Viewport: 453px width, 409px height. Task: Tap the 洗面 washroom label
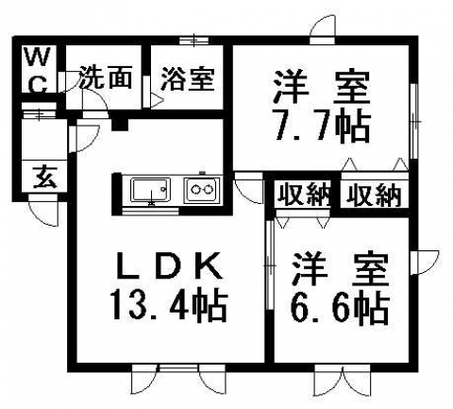pyautogui.click(x=105, y=77)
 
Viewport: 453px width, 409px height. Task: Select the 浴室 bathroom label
pyautogui.click(x=188, y=79)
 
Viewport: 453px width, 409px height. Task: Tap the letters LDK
pyautogui.click(x=169, y=266)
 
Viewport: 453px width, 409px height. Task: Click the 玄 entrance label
pyautogui.click(x=45, y=177)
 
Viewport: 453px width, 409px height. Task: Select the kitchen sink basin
pyautogui.click(x=151, y=189)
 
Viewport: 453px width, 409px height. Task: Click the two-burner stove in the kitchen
pyautogui.click(x=202, y=190)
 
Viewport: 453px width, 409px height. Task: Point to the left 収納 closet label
pyautogui.click(x=304, y=194)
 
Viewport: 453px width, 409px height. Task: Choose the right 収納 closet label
pyautogui.click(x=375, y=196)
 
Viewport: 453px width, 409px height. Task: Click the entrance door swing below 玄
pyautogui.click(x=43, y=210)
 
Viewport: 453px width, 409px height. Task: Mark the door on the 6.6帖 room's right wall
pyautogui.click(x=425, y=263)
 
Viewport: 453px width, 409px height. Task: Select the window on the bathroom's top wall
pyautogui.click(x=194, y=41)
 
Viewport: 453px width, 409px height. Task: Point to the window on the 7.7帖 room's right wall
pyautogui.click(x=414, y=121)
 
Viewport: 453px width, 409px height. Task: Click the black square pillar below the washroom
pyautogui.click(x=120, y=125)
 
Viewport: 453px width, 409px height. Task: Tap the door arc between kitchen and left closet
pyautogui.click(x=248, y=189)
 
